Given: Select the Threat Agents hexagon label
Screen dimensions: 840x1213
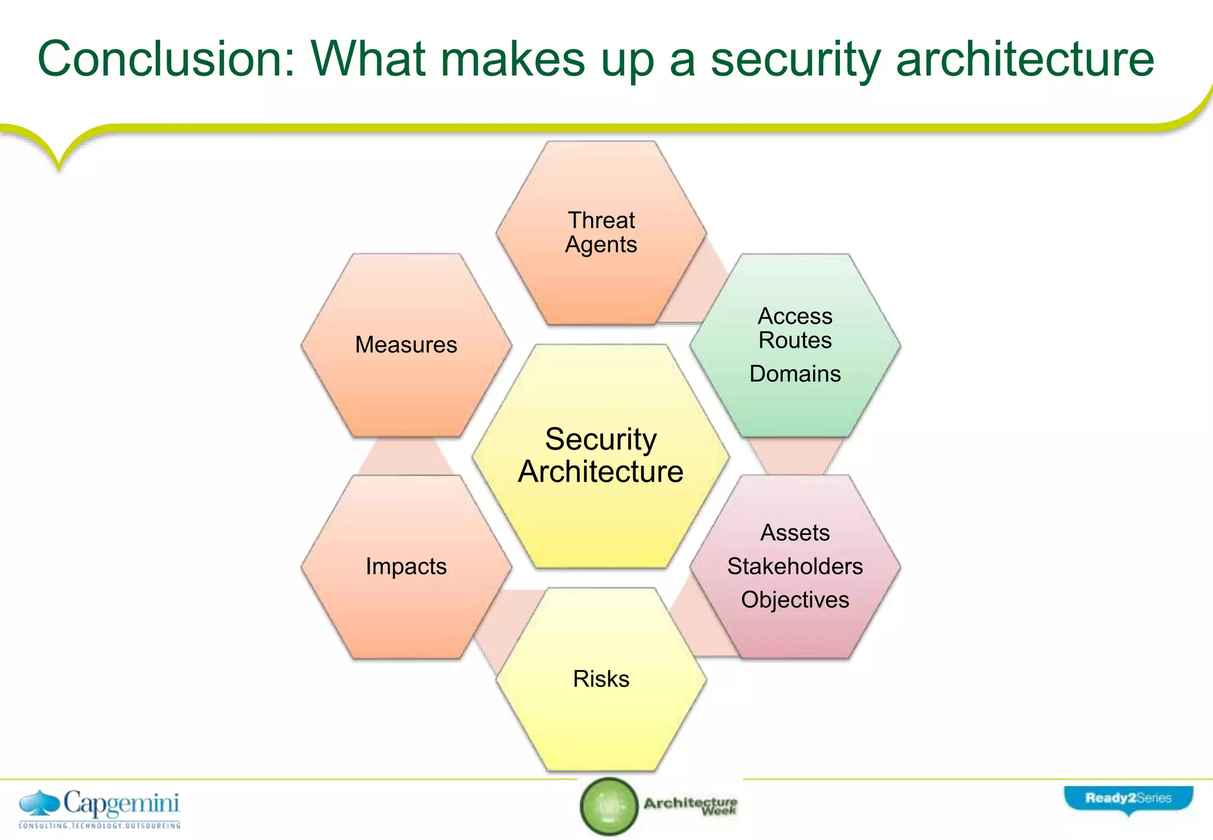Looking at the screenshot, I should coord(601,232).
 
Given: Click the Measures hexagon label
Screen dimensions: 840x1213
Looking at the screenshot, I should coord(406,345).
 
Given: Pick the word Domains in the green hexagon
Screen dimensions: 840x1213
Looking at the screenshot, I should coord(795,374).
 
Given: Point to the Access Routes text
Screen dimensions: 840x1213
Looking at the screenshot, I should coord(795,328).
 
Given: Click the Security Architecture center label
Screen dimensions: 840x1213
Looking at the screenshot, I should coord(601,456).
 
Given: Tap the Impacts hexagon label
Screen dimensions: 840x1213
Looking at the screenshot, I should coord(406,566).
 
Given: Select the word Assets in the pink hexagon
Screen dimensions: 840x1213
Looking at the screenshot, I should coord(795,533).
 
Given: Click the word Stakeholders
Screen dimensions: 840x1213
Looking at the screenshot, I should coord(795,566).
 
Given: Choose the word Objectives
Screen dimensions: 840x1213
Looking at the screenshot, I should coord(795,599).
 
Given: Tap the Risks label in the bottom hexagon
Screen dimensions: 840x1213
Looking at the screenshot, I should coord(601,679).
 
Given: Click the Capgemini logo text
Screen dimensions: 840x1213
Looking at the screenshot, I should coord(121,803).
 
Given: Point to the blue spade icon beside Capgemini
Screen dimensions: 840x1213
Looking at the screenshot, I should coord(39,803).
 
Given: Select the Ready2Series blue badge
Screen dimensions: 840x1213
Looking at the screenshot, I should coord(1128,799).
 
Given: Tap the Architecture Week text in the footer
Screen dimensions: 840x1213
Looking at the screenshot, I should coord(691,806).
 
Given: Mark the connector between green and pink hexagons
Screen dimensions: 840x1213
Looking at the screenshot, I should coord(795,457).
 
